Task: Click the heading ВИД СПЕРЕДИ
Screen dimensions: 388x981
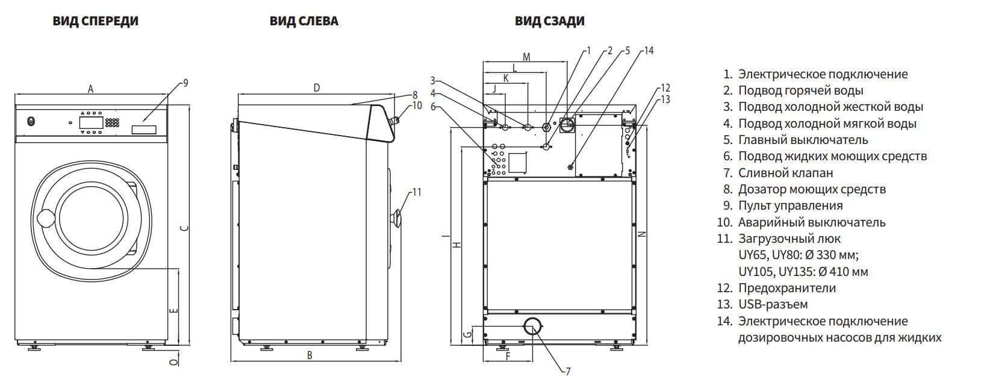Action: (x=95, y=21)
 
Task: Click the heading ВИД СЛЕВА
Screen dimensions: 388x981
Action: (x=304, y=21)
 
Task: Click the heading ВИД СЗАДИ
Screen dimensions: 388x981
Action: (x=549, y=21)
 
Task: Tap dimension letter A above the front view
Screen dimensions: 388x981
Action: (x=91, y=89)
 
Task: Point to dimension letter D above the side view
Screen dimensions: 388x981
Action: (x=316, y=89)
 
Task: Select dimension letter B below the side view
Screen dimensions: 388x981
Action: (x=310, y=355)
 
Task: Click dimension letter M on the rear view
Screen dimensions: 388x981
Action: (x=526, y=57)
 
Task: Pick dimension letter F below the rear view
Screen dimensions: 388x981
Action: (x=507, y=356)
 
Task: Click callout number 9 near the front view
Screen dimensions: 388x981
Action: (x=185, y=83)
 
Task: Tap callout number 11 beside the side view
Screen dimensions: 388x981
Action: (x=416, y=192)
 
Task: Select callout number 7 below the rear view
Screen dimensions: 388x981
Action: (x=568, y=371)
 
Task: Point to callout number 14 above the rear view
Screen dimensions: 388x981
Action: (x=648, y=51)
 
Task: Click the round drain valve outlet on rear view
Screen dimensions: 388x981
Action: (x=532, y=327)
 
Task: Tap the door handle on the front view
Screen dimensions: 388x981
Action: (x=44, y=218)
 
